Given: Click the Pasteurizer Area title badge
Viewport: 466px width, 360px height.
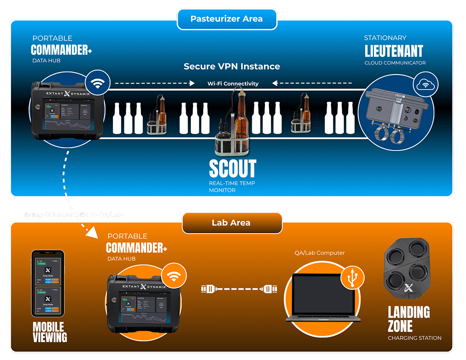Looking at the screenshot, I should point(226,19).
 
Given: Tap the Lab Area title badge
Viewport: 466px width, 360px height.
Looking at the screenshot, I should point(231,223).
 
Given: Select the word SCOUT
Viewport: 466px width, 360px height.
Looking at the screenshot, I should point(233,169).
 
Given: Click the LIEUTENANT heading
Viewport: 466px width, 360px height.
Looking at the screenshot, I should point(393,51).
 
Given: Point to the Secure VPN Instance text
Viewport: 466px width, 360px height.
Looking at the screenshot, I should point(232,66).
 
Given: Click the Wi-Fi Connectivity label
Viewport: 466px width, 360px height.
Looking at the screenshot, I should point(233,84).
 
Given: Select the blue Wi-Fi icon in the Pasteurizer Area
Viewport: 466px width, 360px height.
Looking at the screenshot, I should point(98,84).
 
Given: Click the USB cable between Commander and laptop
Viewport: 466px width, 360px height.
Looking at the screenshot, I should point(238,289).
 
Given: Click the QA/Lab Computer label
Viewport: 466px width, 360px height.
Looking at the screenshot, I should point(319,253).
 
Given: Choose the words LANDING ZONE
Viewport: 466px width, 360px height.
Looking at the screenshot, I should point(408,319).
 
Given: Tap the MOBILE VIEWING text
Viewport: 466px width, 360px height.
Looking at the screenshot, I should point(49,332).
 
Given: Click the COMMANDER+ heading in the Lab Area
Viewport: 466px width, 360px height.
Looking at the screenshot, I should point(136,248).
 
